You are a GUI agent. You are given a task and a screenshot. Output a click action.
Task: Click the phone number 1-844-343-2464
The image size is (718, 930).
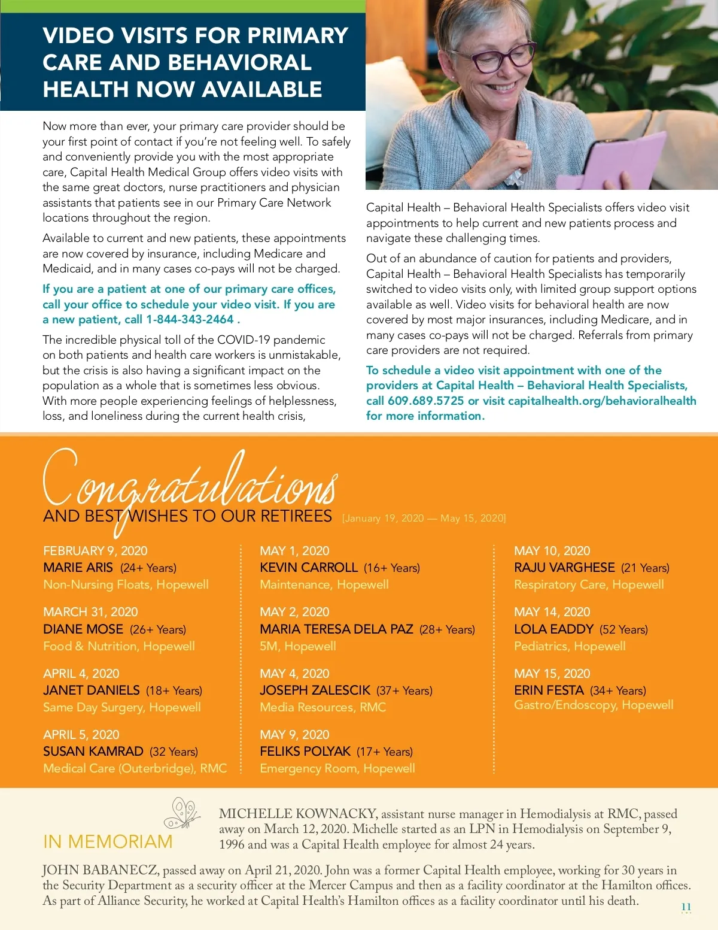click(x=190, y=320)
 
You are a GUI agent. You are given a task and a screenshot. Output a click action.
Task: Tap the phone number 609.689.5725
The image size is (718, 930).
click(x=425, y=401)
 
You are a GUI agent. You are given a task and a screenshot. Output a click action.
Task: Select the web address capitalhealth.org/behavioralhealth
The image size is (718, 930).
click(x=602, y=401)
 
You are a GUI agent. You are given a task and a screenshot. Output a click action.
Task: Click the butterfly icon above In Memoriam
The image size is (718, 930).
click(x=182, y=813)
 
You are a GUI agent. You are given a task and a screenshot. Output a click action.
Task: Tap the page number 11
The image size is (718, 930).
click(x=686, y=907)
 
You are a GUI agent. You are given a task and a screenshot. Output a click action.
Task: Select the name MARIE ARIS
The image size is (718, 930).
click(x=78, y=568)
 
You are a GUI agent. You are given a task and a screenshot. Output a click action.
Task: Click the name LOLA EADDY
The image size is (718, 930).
click(x=553, y=629)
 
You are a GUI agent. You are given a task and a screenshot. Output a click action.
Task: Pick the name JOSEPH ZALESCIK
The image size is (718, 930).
click(x=315, y=690)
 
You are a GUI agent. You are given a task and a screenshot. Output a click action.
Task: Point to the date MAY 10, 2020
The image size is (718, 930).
click(x=552, y=551)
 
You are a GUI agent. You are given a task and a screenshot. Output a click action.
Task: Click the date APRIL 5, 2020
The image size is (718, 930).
click(x=81, y=735)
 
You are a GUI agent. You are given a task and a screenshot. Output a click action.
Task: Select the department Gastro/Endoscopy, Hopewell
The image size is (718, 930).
click(x=594, y=705)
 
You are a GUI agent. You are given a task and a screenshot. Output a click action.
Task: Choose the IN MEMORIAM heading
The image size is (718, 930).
click(x=108, y=842)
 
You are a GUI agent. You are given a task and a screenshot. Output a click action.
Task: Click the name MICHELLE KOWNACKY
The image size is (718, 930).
click(x=298, y=814)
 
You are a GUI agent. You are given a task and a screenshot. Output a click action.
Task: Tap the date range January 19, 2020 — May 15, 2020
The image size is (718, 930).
click(x=424, y=518)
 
